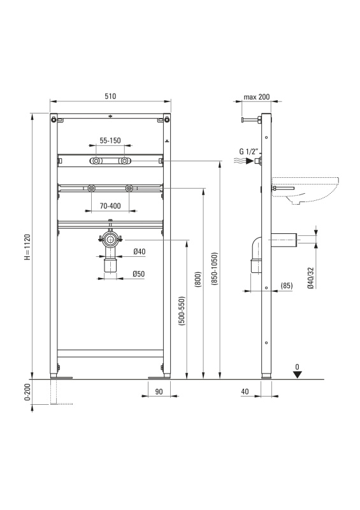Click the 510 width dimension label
tap(110, 96)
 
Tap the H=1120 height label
tap(27, 247)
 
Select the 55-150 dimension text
tap(110, 140)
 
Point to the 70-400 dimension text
tap(110, 206)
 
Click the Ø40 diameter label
tap(139, 251)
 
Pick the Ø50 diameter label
tap(138, 274)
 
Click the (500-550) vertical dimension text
tap(182, 310)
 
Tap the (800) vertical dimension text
tap(198, 279)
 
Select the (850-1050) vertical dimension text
tap(215, 268)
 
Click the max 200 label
tap(257, 97)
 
